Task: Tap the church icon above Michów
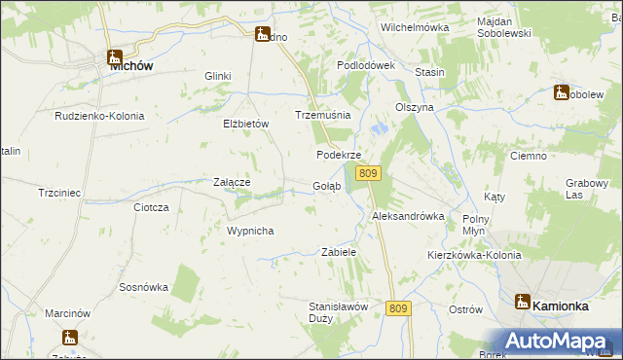[x=113, y=56]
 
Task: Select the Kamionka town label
[x=560, y=306]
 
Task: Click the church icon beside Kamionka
[x=522, y=303]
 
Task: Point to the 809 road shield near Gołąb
[x=367, y=173]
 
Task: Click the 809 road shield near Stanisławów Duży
[x=398, y=308]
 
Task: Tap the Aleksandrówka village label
[x=408, y=216]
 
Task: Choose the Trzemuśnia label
[x=322, y=115]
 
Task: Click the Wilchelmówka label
[x=415, y=27]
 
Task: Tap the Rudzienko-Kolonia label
[x=99, y=116]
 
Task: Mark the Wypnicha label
[x=250, y=231]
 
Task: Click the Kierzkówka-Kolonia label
[x=474, y=255]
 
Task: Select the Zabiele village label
[x=339, y=252]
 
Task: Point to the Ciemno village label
[x=533, y=156]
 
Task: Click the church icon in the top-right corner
[x=561, y=92]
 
